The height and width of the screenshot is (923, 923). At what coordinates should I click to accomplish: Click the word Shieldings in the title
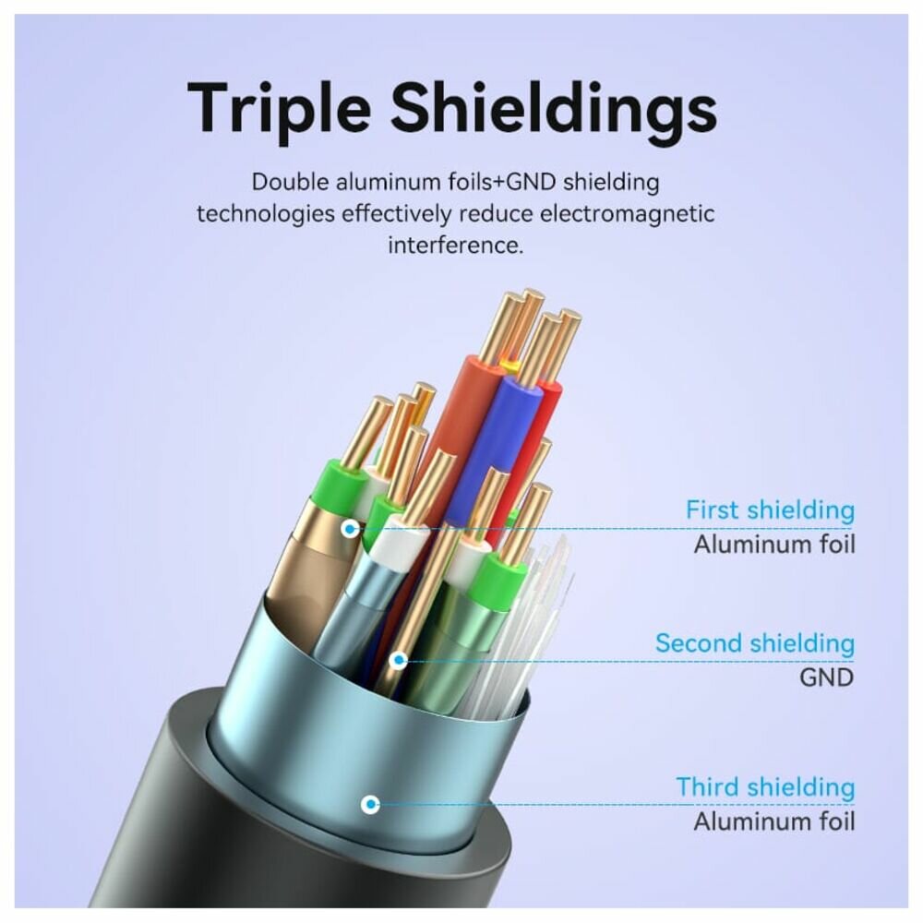(553, 108)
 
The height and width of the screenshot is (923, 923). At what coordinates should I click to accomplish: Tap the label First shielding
(770, 509)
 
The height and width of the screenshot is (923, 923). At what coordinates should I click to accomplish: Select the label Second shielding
(755, 642)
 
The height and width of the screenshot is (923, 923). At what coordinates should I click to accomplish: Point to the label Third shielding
(765, 787)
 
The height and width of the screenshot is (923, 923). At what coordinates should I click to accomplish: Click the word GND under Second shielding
(826, 677)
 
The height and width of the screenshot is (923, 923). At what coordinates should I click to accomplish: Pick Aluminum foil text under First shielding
(774, 543)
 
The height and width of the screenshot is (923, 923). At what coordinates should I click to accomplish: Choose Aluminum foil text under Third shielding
(774, 821)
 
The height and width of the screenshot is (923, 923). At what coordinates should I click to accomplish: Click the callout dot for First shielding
(350, 529)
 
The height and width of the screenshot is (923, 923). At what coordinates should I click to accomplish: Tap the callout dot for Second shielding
(399, 660)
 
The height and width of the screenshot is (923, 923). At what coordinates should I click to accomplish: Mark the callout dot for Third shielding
(370, 804)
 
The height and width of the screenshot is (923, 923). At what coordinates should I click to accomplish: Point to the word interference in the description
(455, 246)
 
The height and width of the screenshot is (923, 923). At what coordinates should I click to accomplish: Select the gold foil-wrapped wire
(305, 572)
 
